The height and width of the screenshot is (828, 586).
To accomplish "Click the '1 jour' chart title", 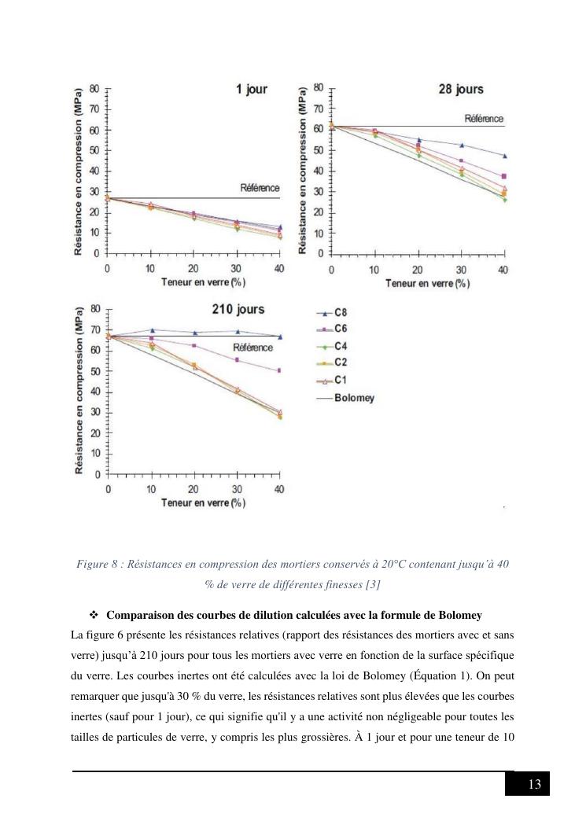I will pyautogui.click(x=252, y=90).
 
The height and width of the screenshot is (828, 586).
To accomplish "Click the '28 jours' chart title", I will pyautogui.click(x=460, y=90).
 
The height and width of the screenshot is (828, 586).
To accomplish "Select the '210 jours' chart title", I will pyautogui.click(x=238, y=309).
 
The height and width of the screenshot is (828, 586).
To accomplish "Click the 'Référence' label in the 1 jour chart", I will pyautogui.click(x=260, y=188).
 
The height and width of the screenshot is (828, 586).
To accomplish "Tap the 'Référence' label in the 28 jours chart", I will pyautogui.click(x=484, y=119).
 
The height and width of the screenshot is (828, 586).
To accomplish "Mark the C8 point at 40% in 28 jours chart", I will pyautogui.click(x=504, y=156).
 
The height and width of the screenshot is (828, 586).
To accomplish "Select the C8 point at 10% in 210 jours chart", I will pyautogui.click(x=152, y=330).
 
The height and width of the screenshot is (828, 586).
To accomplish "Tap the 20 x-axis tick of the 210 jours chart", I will pyautogui.click(x=194, y=489).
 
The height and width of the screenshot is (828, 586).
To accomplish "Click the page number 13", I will pyautogui.click(x=534, y=785).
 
